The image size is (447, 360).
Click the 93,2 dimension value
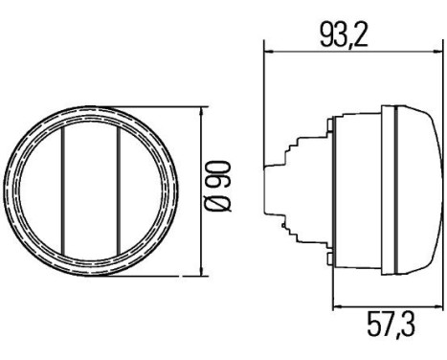click(x=344, y=34)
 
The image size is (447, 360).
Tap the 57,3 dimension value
click(x=391, y=325)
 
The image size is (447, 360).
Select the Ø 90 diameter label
click(x=218, y=187)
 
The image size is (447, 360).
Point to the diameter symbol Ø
click(x=218, y=204)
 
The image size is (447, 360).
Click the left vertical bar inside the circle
click(x=63, y=191)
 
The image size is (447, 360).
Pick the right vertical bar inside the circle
click(x=119, y=191)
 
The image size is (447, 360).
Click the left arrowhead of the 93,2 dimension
click(x=269, y=51)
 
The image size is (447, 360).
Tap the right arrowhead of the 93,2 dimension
click(x=438, y=51)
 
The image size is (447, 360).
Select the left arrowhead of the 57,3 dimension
click(x=337, y=307)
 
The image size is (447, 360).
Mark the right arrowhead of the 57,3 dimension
click(x=438, y=307)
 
